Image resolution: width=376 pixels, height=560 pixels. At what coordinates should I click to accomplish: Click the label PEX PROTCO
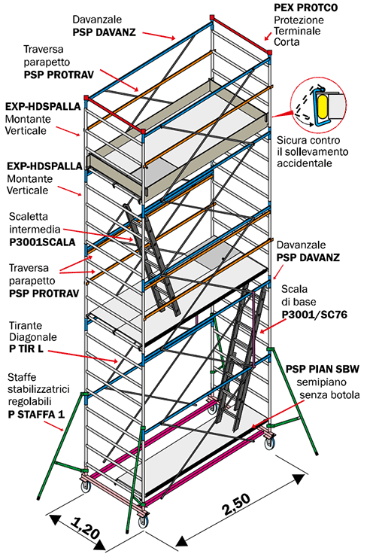coord(306,8)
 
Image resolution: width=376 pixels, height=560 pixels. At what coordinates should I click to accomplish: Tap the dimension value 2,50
coord(237,504)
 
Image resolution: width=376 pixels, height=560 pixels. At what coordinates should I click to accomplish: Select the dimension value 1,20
coord(84,528)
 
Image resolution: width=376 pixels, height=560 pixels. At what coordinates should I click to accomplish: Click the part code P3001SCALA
coord(42,242)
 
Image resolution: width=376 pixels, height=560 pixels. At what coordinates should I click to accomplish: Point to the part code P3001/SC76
coord(314,315)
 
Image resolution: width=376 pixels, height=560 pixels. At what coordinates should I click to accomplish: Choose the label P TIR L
coord(26,348)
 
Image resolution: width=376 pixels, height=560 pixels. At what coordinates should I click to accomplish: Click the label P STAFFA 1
coord(36,414)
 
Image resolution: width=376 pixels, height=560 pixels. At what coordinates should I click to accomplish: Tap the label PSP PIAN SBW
coord(323,369)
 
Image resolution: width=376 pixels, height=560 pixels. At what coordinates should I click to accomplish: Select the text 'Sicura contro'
coord(308,140)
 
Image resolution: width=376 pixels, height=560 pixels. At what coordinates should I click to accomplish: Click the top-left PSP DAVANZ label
coord(105,32)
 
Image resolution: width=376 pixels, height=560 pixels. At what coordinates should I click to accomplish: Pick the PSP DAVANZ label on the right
coord(308,257)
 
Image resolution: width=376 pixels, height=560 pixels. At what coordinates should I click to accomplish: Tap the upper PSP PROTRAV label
coord(59,75)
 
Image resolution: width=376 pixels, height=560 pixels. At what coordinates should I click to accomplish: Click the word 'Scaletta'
coord(29,217)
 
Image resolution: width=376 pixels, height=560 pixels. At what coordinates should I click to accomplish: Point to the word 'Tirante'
coord(26,326)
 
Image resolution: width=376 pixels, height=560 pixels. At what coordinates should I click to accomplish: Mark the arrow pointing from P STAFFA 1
coord(54,426)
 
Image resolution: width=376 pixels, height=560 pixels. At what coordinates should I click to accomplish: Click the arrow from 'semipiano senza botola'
coord(279,413)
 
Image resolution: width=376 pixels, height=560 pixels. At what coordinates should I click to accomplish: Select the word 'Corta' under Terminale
coord(287,42)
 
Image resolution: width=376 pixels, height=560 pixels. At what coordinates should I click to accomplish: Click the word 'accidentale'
coord(305,163)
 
